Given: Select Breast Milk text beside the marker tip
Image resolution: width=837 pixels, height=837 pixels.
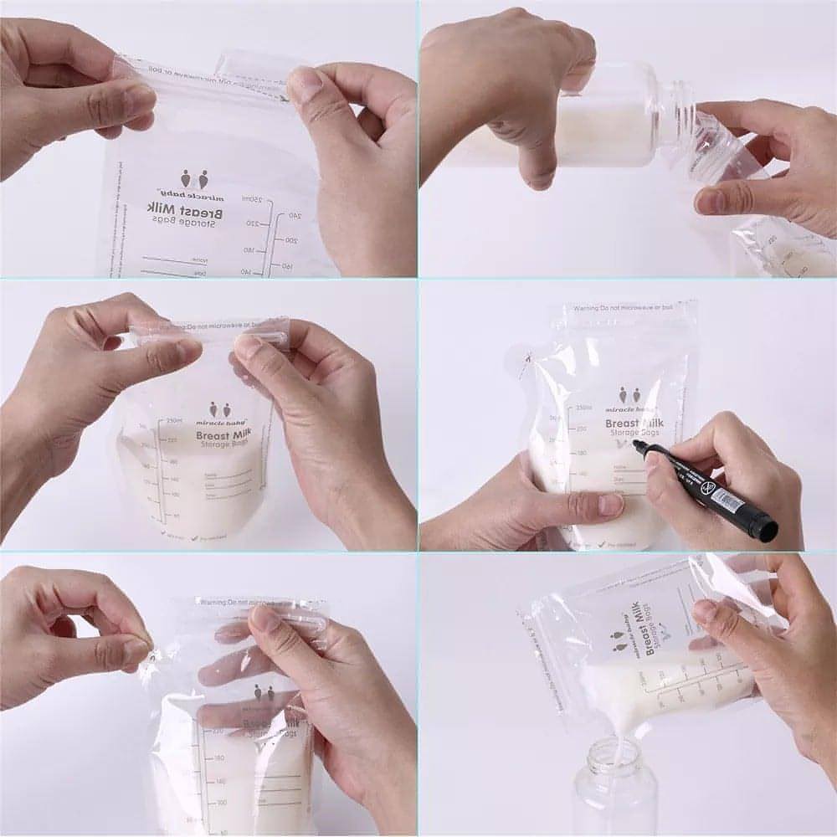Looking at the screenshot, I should (636, 424).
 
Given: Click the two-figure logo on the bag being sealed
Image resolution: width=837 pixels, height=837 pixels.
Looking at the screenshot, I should (219, 409).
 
